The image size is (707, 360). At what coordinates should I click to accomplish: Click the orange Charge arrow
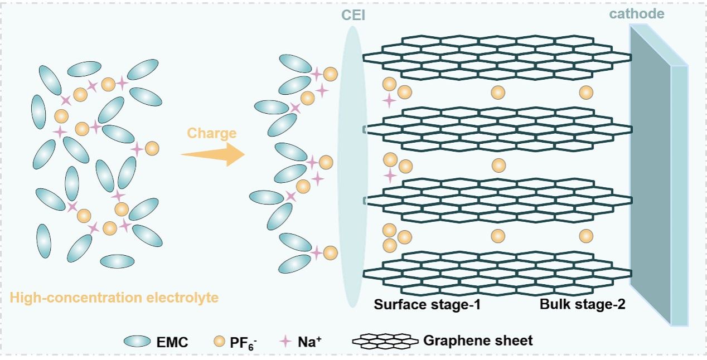(x=214, y=154)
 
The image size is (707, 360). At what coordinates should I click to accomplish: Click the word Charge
(x=211, y=134)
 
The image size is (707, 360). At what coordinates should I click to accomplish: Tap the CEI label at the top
(x=353, y=15)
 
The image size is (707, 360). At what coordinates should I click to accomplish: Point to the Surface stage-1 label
(x=427, y=305)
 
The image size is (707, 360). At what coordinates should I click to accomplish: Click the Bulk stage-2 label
(x=583, y=305)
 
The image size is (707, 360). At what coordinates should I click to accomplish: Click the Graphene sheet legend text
(x=478, y=340)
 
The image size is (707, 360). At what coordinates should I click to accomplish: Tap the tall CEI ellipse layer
(x=353, y=167)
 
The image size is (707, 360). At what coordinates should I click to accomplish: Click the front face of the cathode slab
(x=650, y=167)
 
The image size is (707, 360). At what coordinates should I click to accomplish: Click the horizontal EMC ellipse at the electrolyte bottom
(x=118, y=261)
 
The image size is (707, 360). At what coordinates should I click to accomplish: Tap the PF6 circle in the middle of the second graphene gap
(x=498, y=165)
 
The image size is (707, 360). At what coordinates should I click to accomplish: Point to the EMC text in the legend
(x=172, y=342)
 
